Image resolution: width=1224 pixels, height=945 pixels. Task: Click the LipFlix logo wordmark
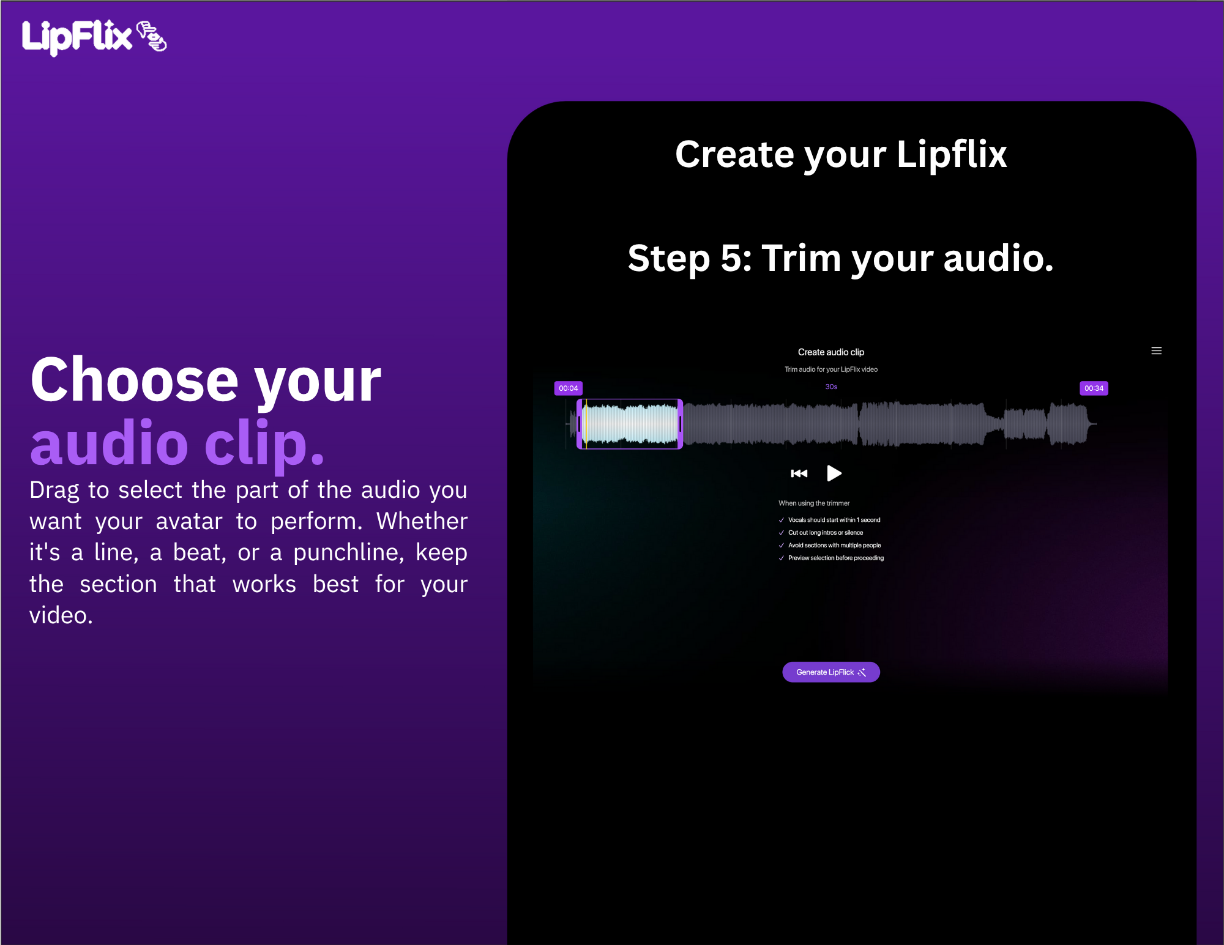tap(77, 37)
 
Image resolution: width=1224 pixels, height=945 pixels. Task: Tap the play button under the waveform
tap(834, 473)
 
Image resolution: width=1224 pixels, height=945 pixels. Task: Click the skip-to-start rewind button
tap(799, 473)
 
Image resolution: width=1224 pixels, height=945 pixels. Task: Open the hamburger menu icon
tap(1156, 351)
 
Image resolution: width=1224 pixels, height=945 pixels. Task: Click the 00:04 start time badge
tap(569, 388)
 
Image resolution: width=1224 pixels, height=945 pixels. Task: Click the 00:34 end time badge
tap(1094, 388)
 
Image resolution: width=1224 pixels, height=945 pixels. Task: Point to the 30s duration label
tap(831, 387)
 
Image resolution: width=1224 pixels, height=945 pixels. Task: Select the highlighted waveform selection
tap(630, 424)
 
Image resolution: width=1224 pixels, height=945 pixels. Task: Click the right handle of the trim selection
tap(680, 424)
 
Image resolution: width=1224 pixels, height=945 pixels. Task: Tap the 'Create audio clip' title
tap(831, 352)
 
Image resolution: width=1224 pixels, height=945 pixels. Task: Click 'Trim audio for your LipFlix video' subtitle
tap(831, 369)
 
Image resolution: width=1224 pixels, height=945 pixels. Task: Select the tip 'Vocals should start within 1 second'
tap(834, 520)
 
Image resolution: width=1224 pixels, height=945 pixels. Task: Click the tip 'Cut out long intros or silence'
tap(826, 533)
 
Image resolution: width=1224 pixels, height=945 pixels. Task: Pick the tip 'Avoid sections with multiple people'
tap(835, 546)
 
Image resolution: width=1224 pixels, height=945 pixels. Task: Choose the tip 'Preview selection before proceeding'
tap(836, 558)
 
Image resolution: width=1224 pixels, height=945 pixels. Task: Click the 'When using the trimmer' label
tap(814, 503)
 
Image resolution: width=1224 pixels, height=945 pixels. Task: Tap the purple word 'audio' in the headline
tap(110, 443)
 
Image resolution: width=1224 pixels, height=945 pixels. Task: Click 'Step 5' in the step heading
tap(690, 258)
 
